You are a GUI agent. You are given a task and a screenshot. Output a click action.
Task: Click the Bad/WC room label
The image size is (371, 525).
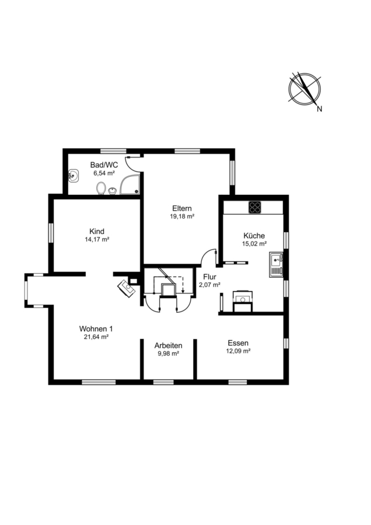click(x=104, y=165)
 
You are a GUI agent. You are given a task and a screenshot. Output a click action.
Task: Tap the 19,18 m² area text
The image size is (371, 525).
click(x=182, y=216)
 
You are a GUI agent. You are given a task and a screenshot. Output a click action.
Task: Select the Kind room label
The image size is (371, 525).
click(x=97, y=232)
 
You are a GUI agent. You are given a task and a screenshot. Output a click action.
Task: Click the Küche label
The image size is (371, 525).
click(x=254, y=236)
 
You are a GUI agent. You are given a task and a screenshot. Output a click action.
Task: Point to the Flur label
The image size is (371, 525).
click(x=209, y=277)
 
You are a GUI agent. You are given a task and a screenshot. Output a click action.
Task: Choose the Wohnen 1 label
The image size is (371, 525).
click(x=96, y=328)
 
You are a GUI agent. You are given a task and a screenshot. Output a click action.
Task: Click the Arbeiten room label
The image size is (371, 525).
click(x=168, y=345)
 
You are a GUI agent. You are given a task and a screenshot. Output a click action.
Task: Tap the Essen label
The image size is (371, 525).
click(x=238, y=343)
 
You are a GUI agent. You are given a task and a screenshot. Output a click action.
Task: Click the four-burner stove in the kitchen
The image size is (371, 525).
click(x=255, y=207)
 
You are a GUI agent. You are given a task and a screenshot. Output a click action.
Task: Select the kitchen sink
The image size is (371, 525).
click(x=276, y=265)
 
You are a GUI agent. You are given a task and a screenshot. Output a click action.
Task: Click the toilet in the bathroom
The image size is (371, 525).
click(x=100, y=188)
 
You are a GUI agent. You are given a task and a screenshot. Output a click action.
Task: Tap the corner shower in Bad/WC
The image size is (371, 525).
click(x=130, y=184)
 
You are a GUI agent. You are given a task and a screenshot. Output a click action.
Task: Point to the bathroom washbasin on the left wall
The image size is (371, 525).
click(x=73, y=176)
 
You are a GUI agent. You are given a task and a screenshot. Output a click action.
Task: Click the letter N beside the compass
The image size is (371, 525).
click(x=320, y=109)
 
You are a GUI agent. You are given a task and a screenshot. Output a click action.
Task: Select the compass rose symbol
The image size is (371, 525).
click(x=304, y=87)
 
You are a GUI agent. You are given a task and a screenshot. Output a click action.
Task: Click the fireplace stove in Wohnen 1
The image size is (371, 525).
click(x=127, y=288)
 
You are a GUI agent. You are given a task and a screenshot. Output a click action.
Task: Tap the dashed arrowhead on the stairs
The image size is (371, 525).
click(x=183, y=290)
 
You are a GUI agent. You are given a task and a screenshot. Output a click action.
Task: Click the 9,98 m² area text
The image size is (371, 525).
click(x=168, y=353)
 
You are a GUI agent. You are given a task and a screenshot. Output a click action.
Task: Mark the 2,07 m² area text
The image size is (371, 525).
click(x=209, y=285)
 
